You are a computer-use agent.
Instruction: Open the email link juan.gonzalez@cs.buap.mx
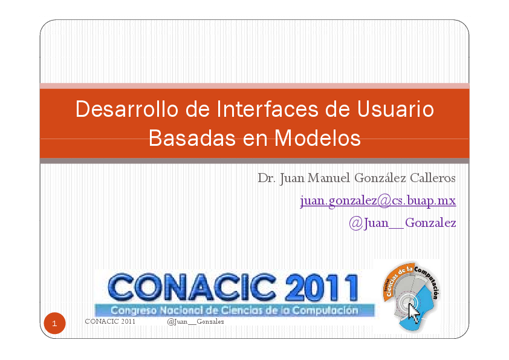[x=378, y=200]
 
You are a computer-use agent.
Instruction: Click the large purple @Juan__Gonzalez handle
[x=402, y=223]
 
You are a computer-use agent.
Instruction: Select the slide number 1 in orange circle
[x=54, y=324]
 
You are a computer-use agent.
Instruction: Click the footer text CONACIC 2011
[x=110, y=321]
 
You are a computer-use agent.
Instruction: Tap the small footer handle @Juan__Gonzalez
[x=195, y=321]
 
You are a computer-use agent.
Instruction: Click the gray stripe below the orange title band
[x=254, y=160]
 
